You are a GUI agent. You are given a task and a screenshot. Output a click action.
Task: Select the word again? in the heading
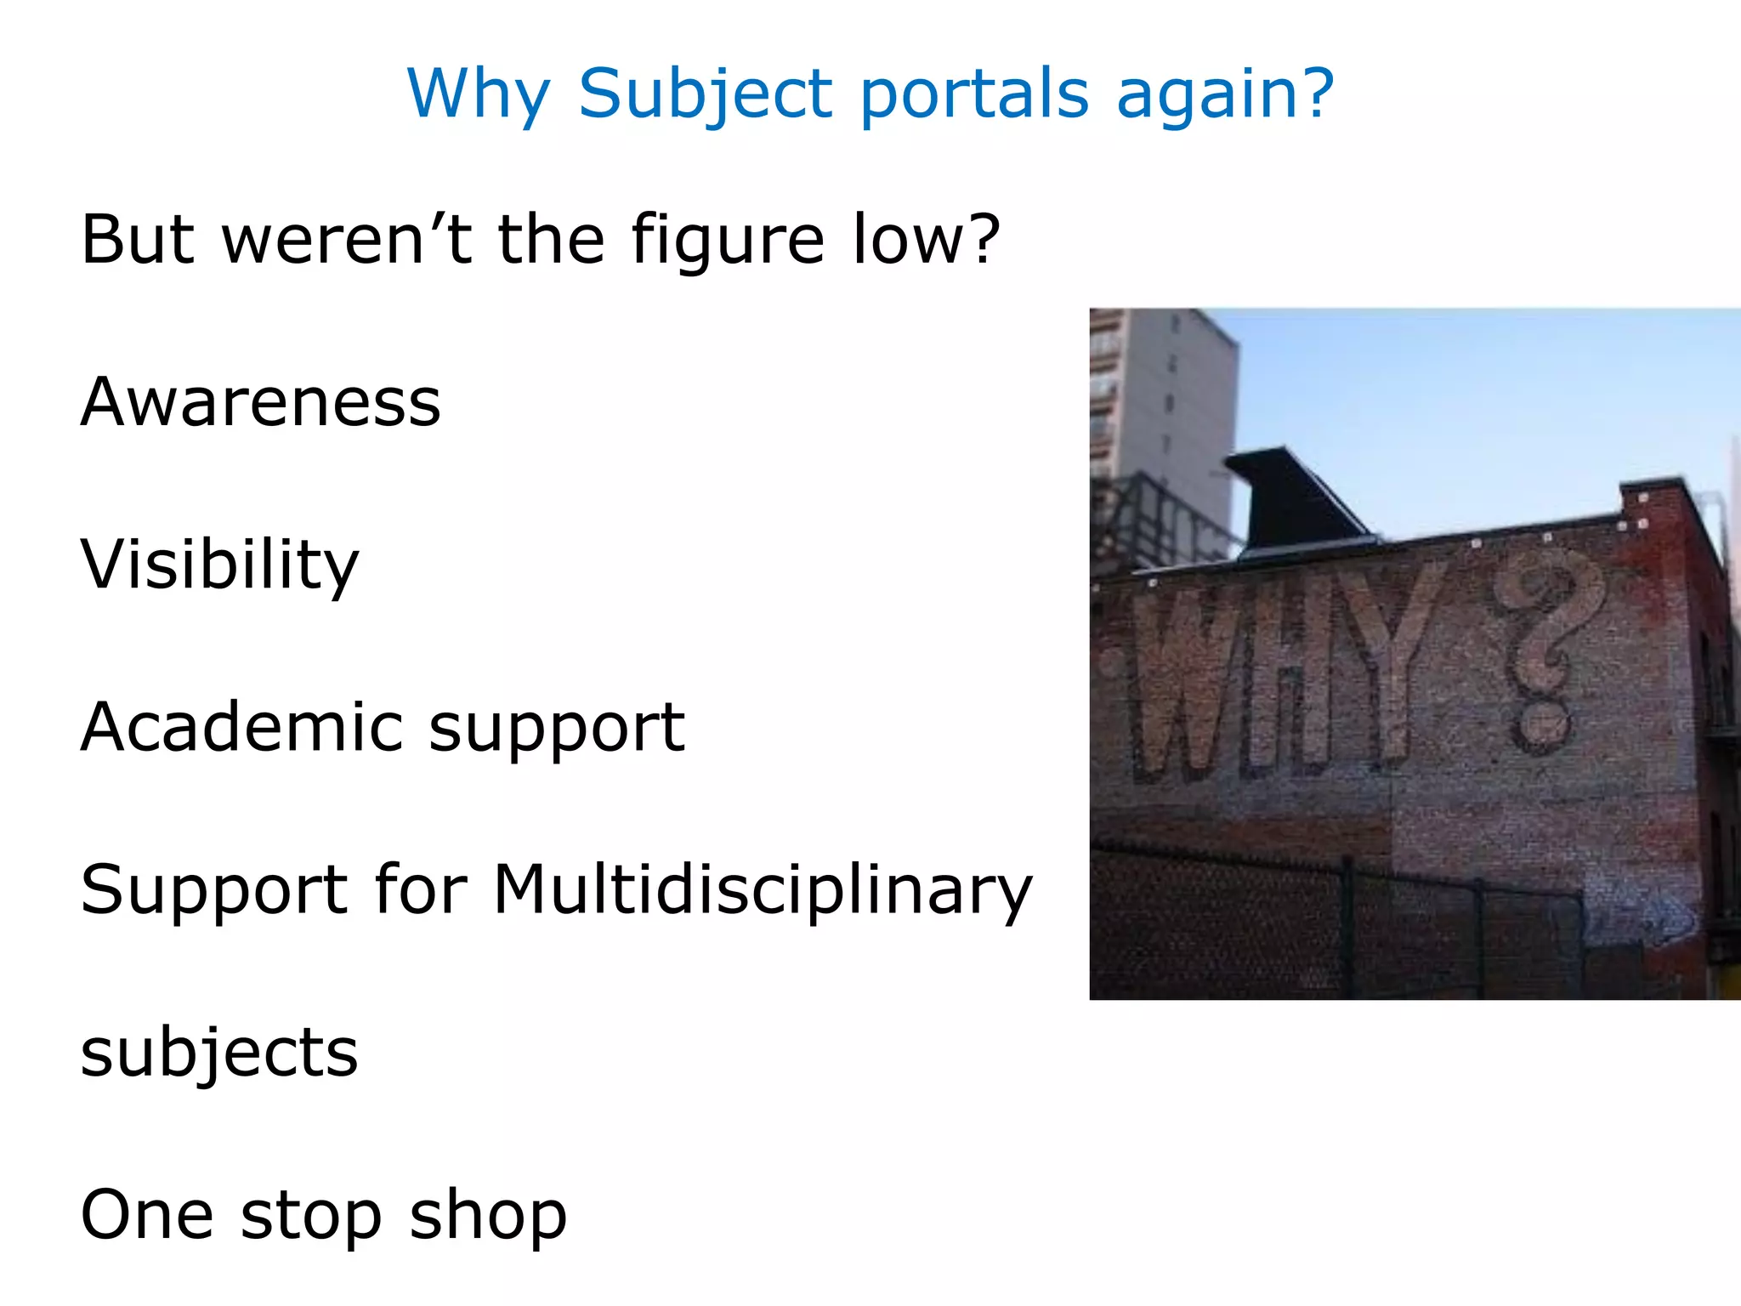point(1224,95)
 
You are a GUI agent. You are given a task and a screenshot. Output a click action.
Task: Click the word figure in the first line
point(728,241)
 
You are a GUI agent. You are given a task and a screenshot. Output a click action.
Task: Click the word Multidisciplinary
point(763,891)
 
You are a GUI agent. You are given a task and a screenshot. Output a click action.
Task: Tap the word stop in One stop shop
point(311,1217)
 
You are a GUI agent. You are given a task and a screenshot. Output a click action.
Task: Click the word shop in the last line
point(488,1217)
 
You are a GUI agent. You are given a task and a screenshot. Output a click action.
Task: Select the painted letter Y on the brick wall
point(1394,663)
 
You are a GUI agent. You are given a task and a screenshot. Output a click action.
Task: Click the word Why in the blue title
point(479,94)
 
